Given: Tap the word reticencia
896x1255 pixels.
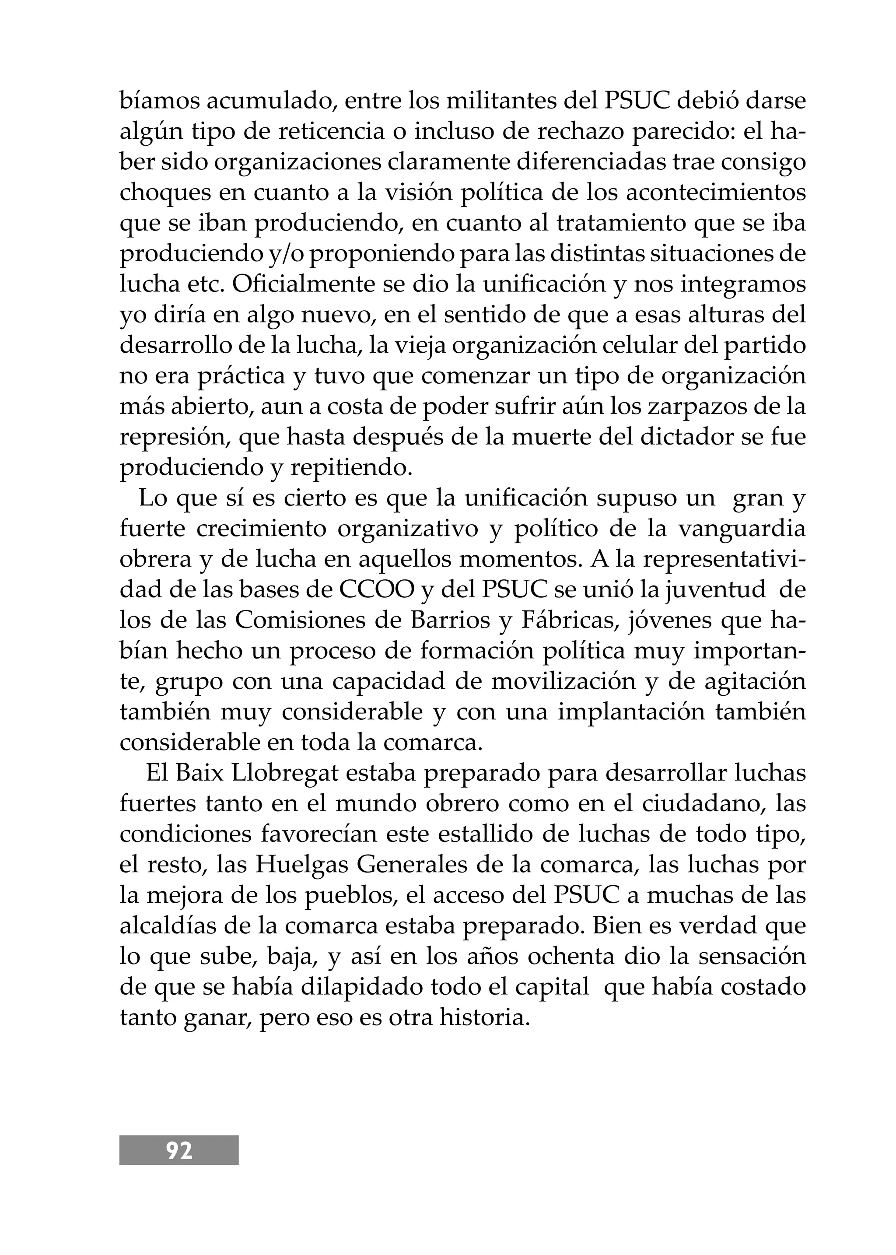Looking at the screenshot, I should click(340, 131).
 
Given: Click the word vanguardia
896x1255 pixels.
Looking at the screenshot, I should click(742, 528).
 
